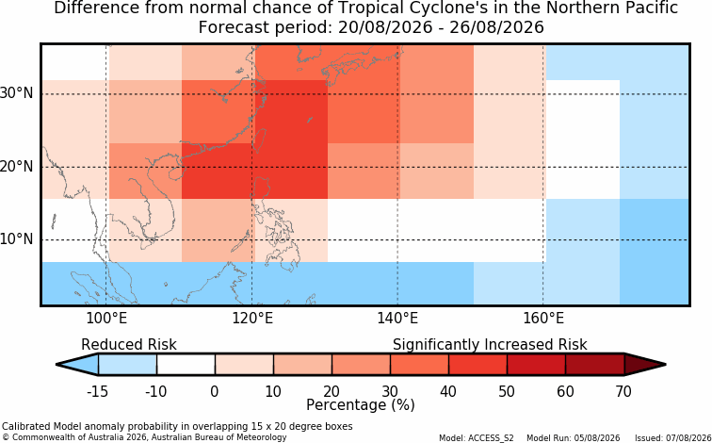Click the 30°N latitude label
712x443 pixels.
click(17, 93)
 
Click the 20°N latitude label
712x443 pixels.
click(17, 167)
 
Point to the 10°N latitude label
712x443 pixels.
click(17, 239)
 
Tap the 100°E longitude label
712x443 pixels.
click(106, 319)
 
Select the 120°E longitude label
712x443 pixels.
click(252, 319)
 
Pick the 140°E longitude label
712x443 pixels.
click(397, 319)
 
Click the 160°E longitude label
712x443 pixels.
click(543, 319)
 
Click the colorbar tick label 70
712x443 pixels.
click(623, 391)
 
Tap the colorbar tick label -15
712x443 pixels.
click(97, 391)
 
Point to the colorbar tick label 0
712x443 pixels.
click(215, 391)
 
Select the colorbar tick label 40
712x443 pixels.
click(448, 391)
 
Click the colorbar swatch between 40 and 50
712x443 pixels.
click(477, 365)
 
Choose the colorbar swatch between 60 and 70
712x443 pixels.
click(595, 365)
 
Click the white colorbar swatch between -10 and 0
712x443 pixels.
click(186, 365)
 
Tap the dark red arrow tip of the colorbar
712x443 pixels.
click(665, 365)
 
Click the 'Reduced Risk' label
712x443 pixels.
click(129, 345)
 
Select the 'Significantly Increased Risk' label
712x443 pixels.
click(490, 345)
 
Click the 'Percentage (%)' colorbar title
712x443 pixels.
click(361, 405)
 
